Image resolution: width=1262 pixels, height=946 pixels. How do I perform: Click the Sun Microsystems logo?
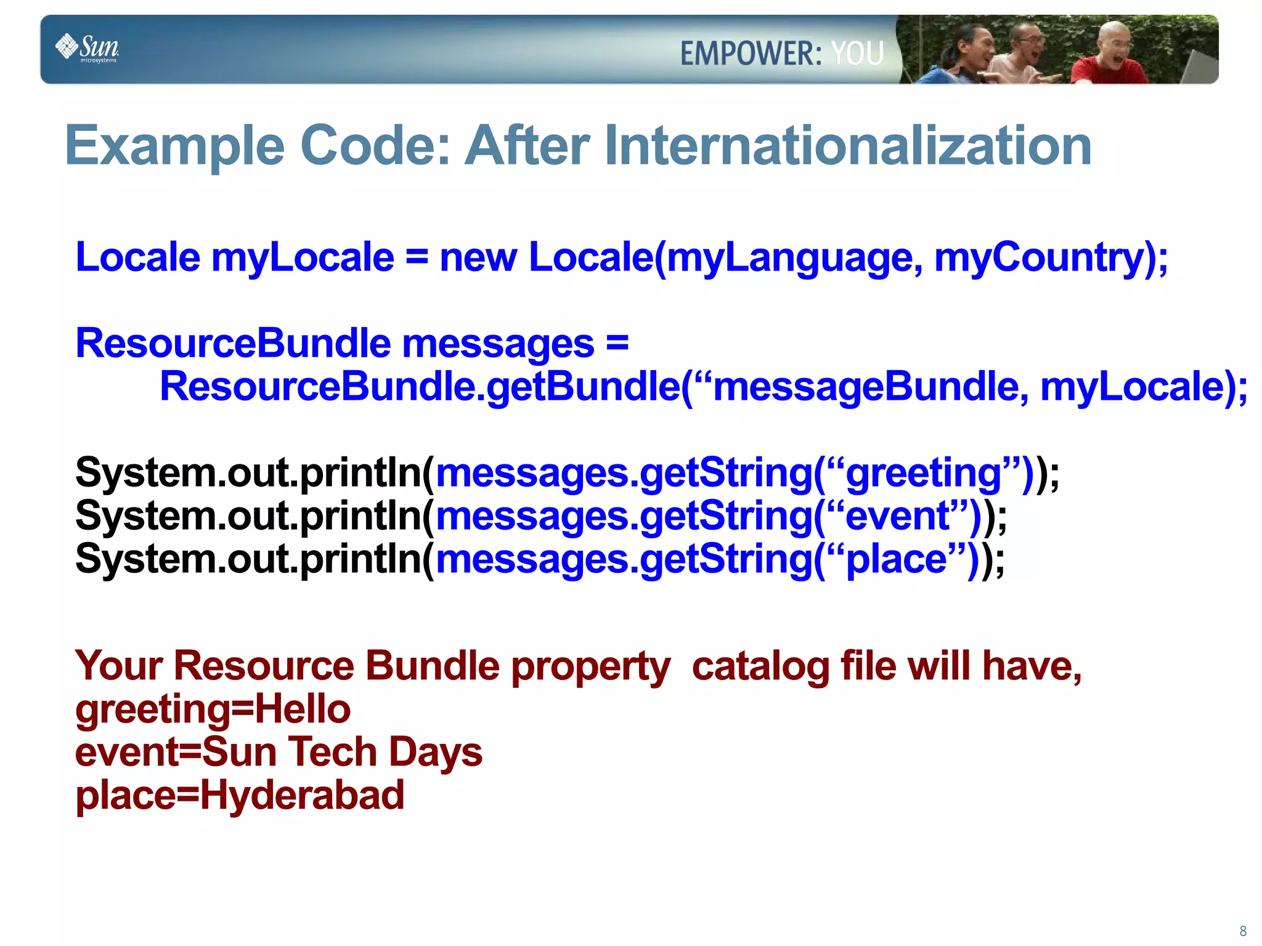pos(88,48)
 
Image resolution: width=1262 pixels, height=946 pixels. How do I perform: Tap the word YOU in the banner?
pos(857,54)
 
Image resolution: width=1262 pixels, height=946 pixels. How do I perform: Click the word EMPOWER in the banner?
pos(750,54)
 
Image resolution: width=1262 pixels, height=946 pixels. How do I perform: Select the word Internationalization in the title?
pos(848,146)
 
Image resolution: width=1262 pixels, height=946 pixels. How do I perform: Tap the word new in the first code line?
pos(478,257)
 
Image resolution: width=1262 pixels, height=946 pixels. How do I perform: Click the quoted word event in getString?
pos(897,516)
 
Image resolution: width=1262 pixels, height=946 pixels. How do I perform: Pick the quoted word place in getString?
pos(896,560)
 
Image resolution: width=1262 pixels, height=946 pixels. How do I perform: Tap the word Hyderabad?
pos(301,795)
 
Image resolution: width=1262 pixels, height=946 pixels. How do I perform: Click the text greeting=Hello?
pos(213,709)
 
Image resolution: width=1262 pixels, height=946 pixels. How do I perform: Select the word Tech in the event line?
pos(333,752)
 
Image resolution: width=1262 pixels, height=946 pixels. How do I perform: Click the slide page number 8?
pos(1242,931)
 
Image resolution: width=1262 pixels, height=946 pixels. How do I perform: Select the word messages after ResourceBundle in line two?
pos(498,344)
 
